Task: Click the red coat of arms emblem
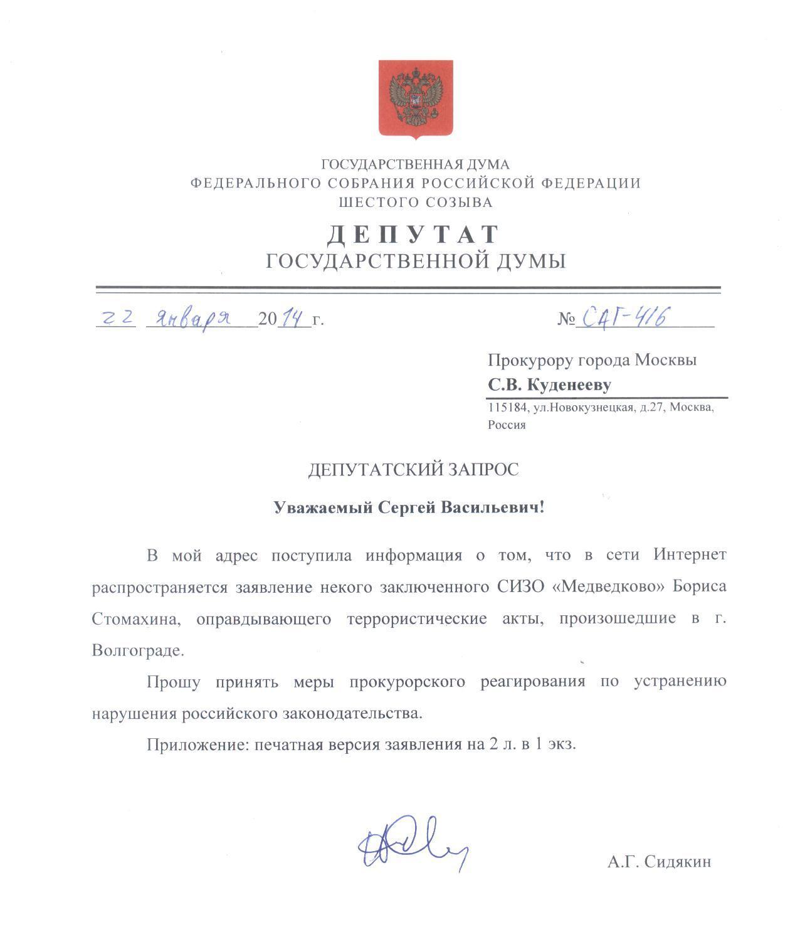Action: (415, 98)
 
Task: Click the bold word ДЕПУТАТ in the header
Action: (414, 235)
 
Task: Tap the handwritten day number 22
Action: (117, 318)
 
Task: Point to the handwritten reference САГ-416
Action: (624, 317)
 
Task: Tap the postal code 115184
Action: (507, 408)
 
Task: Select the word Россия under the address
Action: (507, 425)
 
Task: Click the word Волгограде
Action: (138, 650)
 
